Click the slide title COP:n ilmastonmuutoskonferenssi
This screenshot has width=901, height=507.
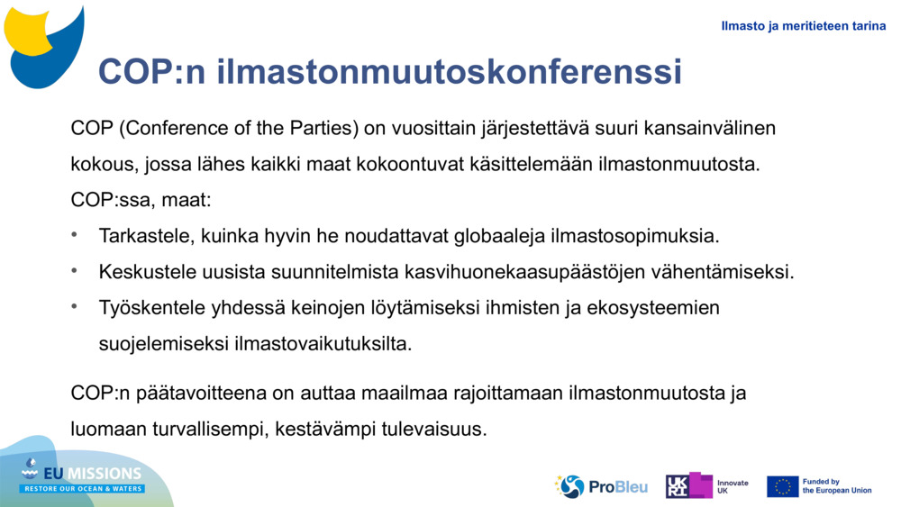point(389,72)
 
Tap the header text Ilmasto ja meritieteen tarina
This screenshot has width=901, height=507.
point(803,26)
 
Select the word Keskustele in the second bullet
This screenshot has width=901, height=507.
point(145,272)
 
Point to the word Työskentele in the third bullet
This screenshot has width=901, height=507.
point(149,308)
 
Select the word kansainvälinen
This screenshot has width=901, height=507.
point(709,128)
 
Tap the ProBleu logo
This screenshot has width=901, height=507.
point(601,486)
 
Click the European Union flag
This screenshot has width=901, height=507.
point(782,486)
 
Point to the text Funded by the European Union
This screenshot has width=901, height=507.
point(836,486)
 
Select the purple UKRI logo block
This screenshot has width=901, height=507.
point(689,485)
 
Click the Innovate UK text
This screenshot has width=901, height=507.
point(733,486)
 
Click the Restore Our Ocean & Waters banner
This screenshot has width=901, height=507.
point(83,489)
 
